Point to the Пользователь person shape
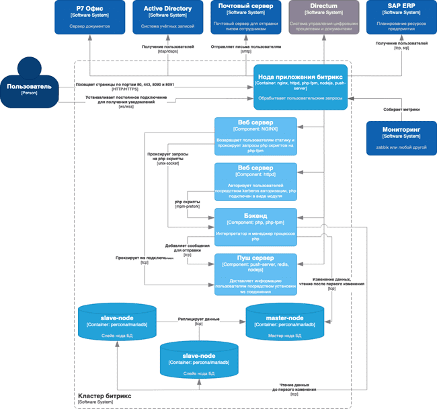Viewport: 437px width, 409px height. tap(29, 84)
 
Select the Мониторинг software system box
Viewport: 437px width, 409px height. tap(401, 138)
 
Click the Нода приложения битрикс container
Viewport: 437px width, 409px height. tap(302, 87)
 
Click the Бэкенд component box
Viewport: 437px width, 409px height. tap(255, 226)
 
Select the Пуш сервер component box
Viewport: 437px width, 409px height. tap(255, 273)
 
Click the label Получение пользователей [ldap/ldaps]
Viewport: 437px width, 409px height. tap(167, 49)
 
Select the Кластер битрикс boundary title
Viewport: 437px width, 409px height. tap(104, 396)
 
